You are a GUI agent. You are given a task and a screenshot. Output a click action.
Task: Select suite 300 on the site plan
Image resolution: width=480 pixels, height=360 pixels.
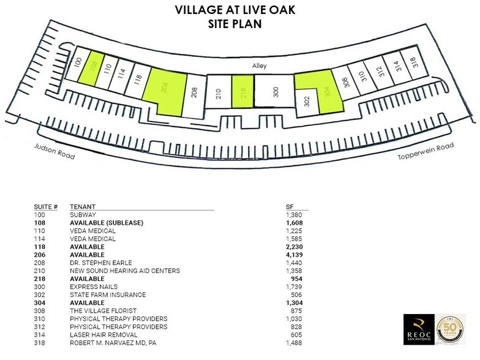point(274,92)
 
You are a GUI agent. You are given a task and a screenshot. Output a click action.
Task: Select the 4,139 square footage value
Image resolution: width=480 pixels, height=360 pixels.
point(294,254)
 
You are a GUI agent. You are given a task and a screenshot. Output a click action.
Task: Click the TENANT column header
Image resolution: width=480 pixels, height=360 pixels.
point(82,207)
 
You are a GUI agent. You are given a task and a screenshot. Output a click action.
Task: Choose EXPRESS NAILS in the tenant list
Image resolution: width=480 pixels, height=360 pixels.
point(94,286)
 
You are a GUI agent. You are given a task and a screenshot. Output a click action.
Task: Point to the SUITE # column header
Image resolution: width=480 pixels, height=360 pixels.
point(47,207)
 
